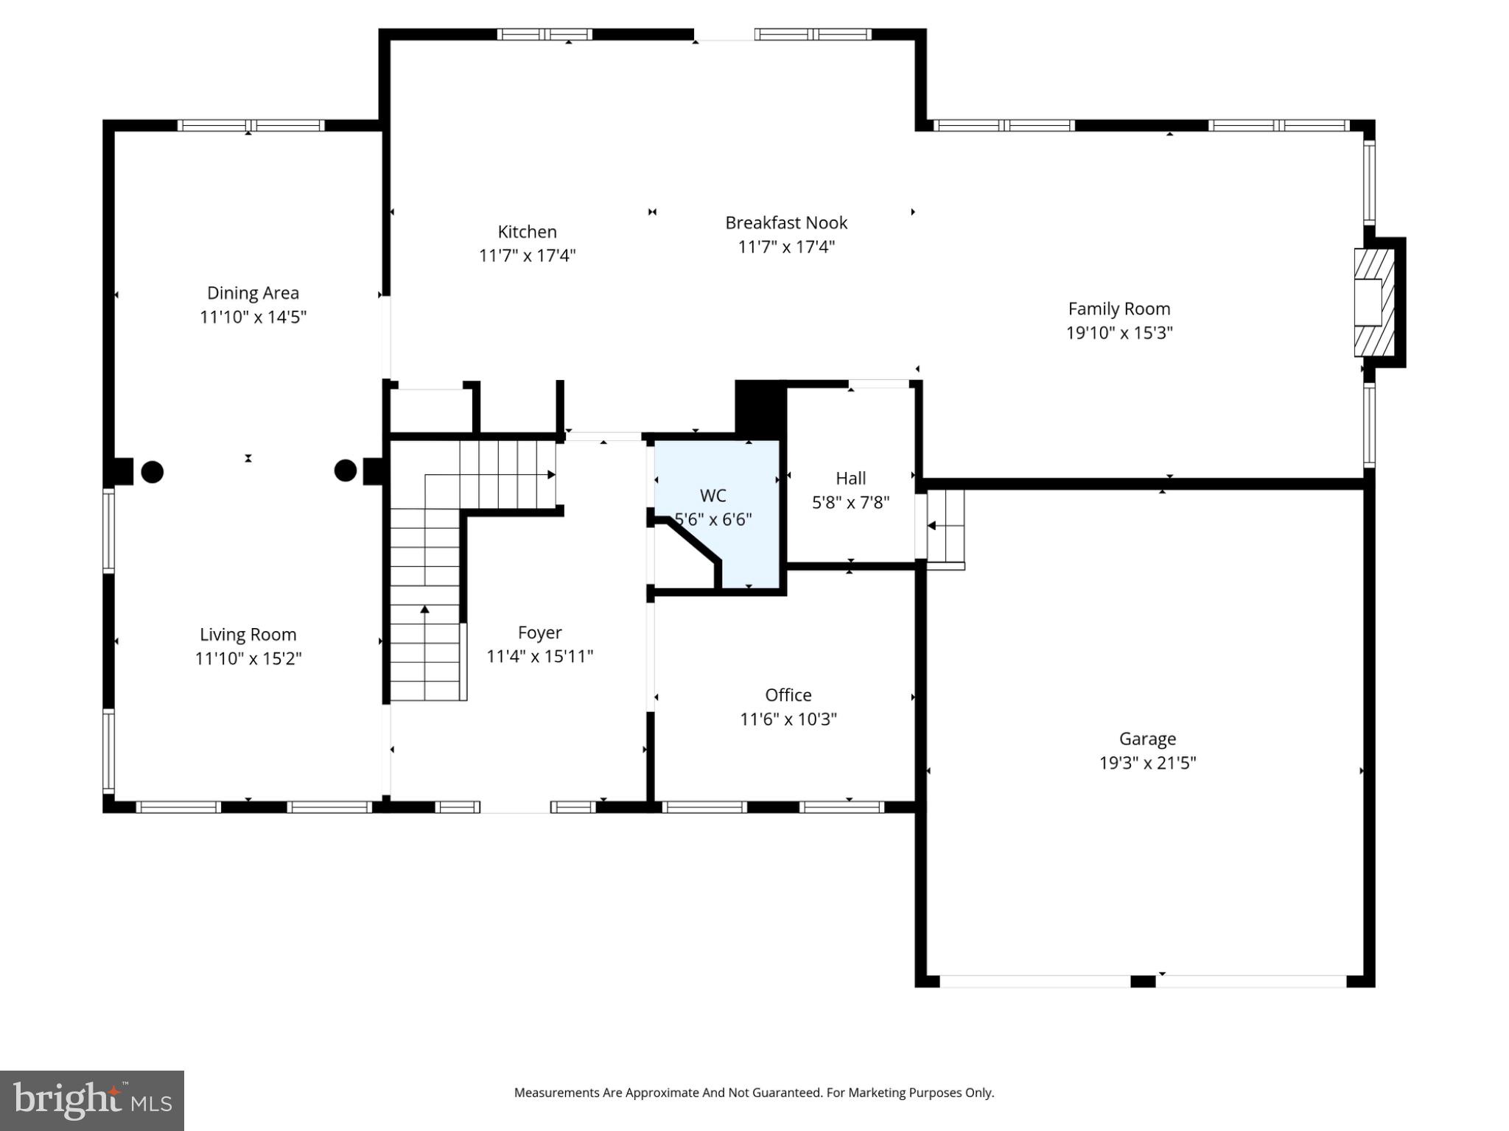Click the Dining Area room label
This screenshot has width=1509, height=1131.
point(253,293)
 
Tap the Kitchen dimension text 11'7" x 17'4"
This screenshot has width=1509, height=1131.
point(527,256)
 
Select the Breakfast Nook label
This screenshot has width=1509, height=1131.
point(786,222)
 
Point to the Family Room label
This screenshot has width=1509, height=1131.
point(1118,309)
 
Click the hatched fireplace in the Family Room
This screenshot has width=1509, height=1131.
point(1374,303)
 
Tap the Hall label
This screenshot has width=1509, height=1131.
point(850,479)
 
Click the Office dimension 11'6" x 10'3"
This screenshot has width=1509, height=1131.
point(788,719)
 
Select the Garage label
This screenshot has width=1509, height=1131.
point(1147,739)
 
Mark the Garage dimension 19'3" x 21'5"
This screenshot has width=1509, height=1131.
point(1147,763)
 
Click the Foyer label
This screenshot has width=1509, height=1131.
point(539,633)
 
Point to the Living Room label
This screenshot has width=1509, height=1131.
point(248,635)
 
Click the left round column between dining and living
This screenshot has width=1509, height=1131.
point(152,471)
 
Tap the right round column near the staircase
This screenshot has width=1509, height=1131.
point(346,471)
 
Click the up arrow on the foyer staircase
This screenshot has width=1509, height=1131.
point(424,609)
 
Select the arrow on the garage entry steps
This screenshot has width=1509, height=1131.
point(931,526)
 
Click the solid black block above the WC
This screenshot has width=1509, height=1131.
point(759,407)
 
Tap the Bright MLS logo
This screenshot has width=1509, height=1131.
point(92,1100)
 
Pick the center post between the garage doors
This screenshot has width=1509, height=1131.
point(1142,982)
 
